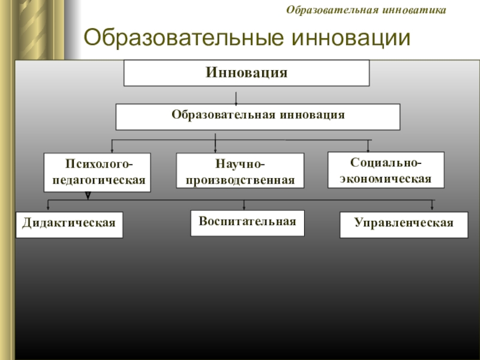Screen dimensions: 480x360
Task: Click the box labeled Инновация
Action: tap(246, 73)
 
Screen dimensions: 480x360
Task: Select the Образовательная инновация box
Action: tap(257, 116)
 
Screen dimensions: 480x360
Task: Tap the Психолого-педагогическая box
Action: tap(98, 172)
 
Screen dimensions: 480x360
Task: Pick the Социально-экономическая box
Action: tap(386, 171)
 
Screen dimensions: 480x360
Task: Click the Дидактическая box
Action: tap(69, 224)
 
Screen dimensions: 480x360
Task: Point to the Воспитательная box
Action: tap(247, 223)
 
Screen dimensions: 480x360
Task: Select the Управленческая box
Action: tap(403, 224)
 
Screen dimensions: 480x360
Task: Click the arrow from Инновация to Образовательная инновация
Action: tap(238, 97)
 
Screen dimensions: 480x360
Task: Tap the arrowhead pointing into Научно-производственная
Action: tap(215, 149)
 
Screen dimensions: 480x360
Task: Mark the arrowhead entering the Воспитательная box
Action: tap(244, 208)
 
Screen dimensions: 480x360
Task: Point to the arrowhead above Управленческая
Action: tap(433, 208)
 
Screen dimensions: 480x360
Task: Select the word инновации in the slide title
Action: tap(350, 37)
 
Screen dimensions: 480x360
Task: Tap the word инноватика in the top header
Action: tap(420, 10)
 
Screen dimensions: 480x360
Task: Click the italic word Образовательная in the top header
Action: tap(339, 10)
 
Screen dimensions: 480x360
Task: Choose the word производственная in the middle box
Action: tap(240, 180)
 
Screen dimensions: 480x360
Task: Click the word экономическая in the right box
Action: tap(386, 179)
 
